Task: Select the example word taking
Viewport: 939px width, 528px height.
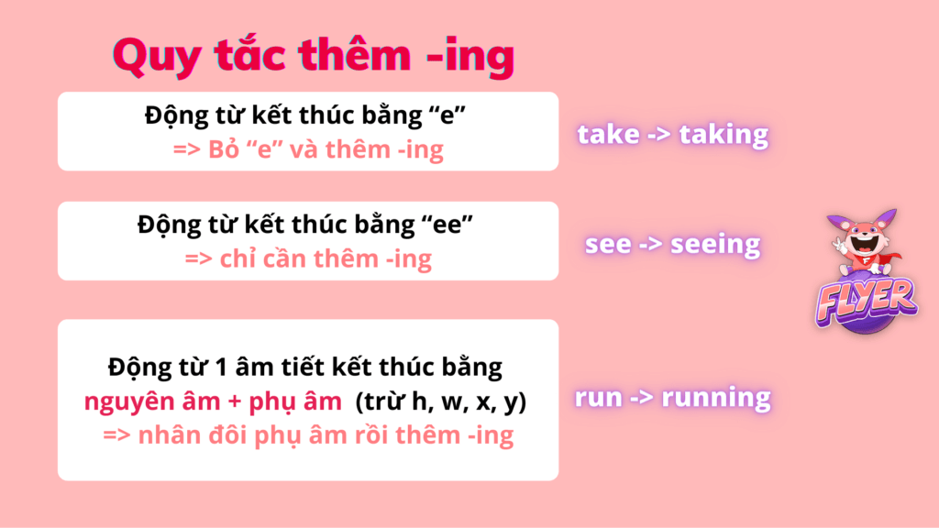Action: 724,135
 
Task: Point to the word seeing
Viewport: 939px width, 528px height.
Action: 715,245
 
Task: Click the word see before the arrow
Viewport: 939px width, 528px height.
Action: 608,245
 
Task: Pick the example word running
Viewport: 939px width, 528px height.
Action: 715,398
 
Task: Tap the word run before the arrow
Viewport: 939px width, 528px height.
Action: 598,398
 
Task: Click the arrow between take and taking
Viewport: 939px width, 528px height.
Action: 659,135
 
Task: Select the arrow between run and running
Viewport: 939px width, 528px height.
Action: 641,398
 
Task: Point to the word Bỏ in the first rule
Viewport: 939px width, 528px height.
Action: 224,149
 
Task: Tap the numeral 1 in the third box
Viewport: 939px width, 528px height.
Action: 220,368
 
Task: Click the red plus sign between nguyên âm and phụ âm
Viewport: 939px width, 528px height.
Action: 234,401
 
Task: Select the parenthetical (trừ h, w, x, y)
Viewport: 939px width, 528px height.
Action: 441,402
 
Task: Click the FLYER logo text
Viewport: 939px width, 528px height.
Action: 866,300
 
